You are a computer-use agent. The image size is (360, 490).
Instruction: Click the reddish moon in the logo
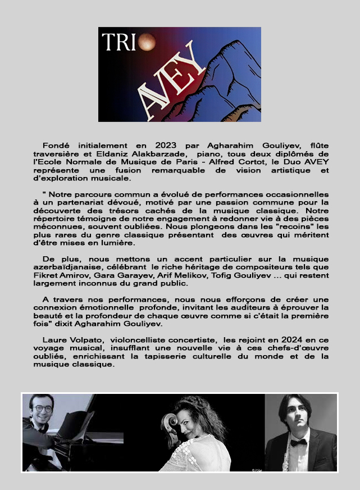pyautogui.click(x=147, y=40)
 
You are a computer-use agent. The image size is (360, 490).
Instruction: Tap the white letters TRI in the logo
pyautogui.click(x=119, y=42)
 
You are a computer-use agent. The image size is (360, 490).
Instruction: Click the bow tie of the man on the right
pyautogui.click(x=298, y=442)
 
